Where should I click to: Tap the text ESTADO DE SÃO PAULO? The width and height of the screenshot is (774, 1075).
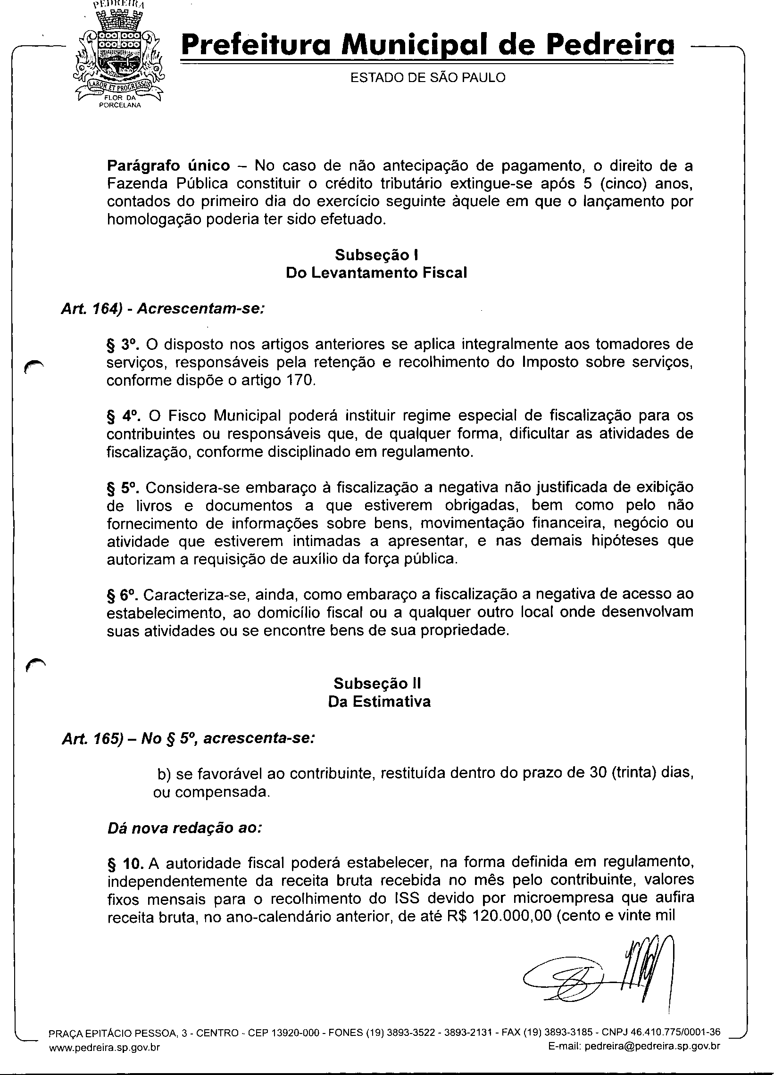point(427,78)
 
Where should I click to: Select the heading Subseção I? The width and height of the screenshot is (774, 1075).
point(376,255)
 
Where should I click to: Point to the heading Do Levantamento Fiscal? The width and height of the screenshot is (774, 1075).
point(376,273)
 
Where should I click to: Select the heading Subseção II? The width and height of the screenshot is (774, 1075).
point(377,684)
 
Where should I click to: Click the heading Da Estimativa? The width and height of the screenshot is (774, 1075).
point(379,702)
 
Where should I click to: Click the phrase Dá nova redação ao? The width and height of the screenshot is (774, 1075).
point(184,828)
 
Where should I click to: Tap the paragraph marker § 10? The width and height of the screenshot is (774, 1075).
point(125,864)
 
